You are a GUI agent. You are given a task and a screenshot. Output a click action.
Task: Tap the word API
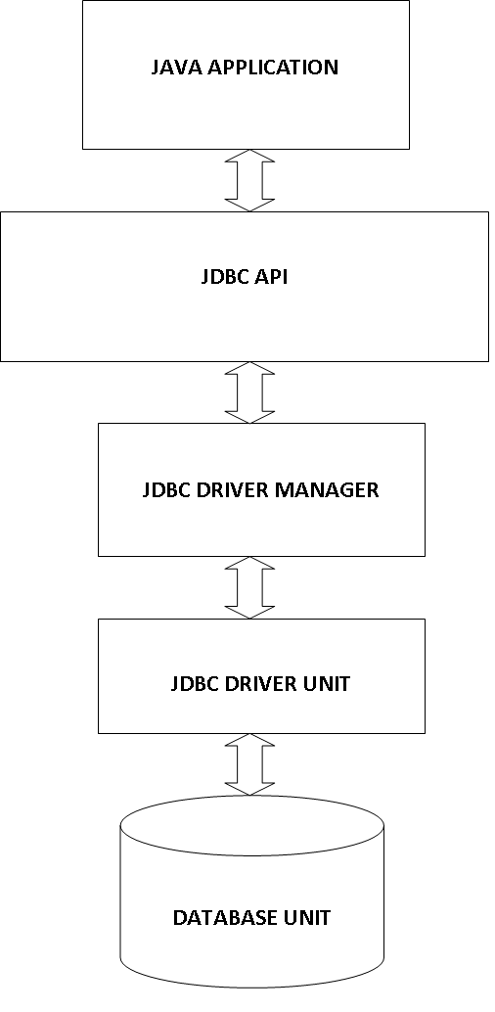pyautogui.click(x=271, y=276)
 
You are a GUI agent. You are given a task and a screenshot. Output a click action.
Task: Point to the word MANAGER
pyautogui.click(x=327, y=490)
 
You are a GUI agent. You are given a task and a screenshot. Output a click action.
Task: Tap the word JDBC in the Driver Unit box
pyautogui.click(x=195, y=683)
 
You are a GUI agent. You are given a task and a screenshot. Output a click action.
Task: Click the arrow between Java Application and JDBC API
pyautogui.click(x=249, y=180)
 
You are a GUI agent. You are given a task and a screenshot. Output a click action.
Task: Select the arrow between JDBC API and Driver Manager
pyautogui.click(x=249, y=392)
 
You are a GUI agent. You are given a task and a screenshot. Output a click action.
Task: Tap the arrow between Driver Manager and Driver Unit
pyautogui.click(x=249, y=588)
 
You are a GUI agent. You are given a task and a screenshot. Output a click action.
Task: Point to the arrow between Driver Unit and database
pyautogui.click(x=249, y=764)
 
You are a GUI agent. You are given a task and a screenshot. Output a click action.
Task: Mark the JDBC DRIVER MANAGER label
pyautogui.click(x=261, y=490)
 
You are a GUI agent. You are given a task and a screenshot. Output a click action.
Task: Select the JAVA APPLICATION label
pyautogui.click(x=246, y=68)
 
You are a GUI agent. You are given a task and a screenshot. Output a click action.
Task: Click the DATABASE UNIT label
pyautogui.click(x=251, y=918)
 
